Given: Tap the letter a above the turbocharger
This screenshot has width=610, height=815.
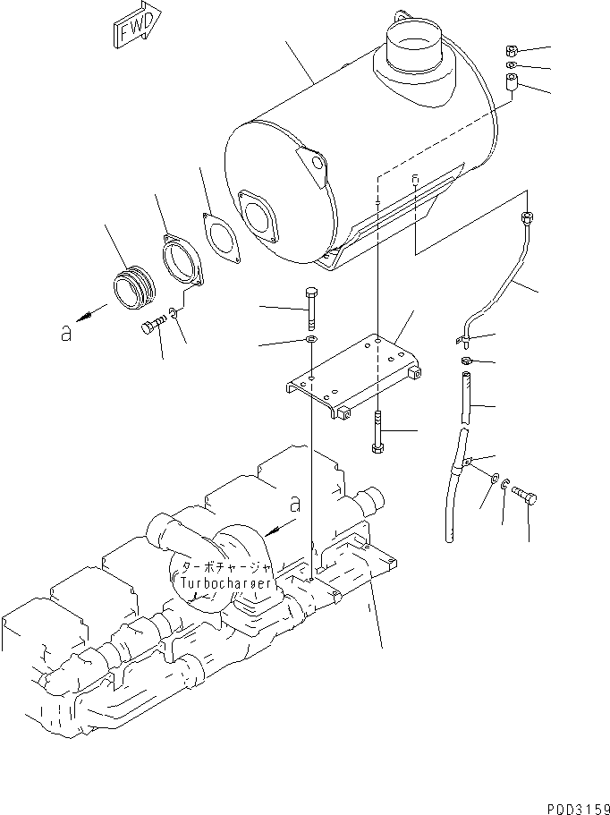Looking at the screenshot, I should (x=295, y=504).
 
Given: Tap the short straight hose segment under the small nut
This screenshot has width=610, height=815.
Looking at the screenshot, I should (x=463, y=400).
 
